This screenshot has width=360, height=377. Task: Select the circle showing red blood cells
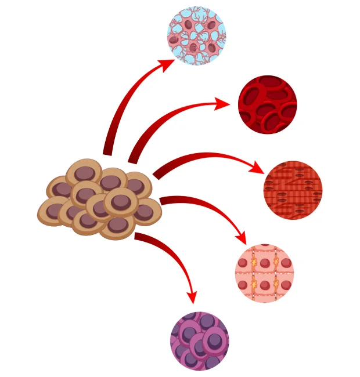[267, 104]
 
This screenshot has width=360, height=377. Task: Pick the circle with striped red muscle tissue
[293, 190]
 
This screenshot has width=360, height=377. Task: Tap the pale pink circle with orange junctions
[264, 273]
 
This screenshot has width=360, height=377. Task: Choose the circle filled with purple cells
[199, 341]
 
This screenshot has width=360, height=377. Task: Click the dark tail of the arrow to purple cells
[139, 235]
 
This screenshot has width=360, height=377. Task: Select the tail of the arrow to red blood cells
[133, 158]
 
